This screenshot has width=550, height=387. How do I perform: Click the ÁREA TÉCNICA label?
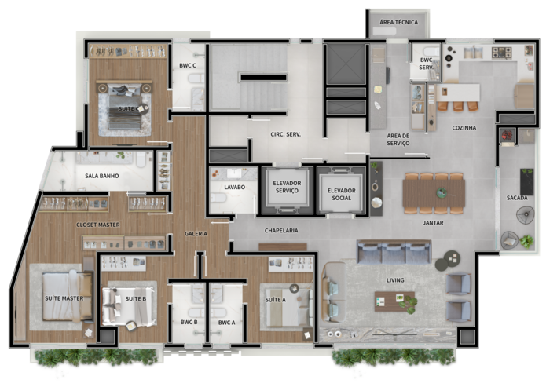click(399, 22)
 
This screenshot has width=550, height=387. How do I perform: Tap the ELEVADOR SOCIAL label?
click(341, 194)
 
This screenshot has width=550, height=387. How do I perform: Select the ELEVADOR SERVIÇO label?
click(287, 187)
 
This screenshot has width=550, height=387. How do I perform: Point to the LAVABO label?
click(235, 187)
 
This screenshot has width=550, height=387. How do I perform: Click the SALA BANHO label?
click(101, 176)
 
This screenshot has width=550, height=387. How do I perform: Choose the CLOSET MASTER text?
click(98, 225)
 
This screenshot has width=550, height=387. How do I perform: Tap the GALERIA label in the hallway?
click(196, 233)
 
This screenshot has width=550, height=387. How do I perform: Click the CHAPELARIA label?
click(281, 231)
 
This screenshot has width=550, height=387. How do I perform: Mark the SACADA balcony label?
click(517, 198)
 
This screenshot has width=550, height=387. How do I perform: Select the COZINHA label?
click(464, 128)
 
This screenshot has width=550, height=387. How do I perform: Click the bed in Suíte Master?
click(68, 297)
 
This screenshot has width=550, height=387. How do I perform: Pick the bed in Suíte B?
click(128, 307)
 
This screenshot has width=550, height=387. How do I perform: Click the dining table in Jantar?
click(434, 193)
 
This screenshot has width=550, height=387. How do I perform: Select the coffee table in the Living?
click(394, 301)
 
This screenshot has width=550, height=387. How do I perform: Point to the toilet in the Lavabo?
click(218, 199)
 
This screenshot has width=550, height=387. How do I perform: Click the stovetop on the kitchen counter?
click(501, 53)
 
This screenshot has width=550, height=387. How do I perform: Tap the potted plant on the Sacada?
click(526, 241)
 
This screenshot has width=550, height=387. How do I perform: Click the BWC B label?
click(189, 322)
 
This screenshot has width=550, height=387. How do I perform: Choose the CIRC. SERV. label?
click(285, 134)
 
